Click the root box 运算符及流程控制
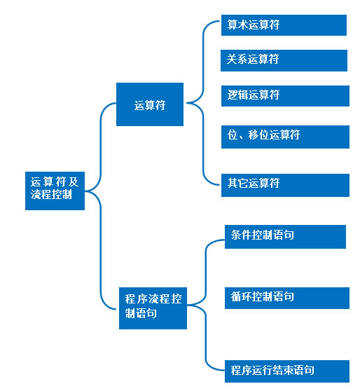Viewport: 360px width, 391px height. pyautogui.click(x=55, y=191)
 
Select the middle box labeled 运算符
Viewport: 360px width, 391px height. pyautogui.click(x=150, y=104)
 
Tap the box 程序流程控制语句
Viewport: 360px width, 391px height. pyautogui.click(x=153, y=308)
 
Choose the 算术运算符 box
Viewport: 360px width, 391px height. pyautogui.click(x=284, y=25)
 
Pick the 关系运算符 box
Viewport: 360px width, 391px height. pyautogui.click(x=284, y=60)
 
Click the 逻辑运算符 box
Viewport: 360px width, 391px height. pyautogui.click(x=285, y=96)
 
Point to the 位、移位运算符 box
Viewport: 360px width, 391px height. pyautogui.click(x=285, y=137)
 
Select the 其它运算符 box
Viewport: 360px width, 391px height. pyautogui.click(x=285, y=185)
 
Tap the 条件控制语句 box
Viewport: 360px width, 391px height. pyautogui.click(x=285, y=237)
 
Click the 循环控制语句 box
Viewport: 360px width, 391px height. pyautogui.click(x=287, y=298)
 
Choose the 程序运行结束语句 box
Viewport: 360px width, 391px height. pyautogui.click(x=287, y=371)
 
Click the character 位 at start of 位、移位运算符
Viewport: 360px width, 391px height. pyautogui.click(x=232, y=135)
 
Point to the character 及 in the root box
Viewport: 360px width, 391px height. pyautogui.click(x=74, y=181)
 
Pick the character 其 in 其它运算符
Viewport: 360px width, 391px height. pyautogui.click(x=233, y=183)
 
